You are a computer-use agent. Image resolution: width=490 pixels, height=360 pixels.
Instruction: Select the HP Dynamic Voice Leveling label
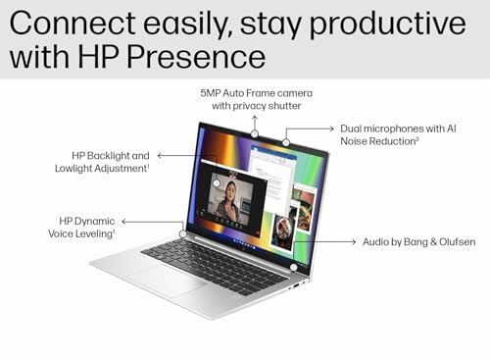point(88,228)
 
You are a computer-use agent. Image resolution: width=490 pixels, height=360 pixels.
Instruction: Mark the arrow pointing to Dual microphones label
point(312,129)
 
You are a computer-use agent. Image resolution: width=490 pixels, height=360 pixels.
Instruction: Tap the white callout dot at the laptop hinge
point(182,233)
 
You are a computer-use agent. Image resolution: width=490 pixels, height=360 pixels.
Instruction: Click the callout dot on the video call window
point(217,182)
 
